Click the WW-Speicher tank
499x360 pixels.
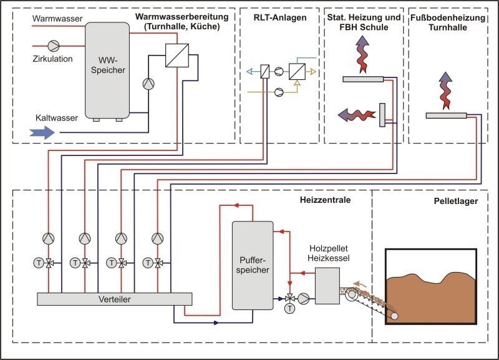pos(107,71)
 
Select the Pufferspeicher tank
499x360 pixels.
pos(253,265)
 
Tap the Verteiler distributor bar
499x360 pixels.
pos(115,299)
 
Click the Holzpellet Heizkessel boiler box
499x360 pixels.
pos(327,286)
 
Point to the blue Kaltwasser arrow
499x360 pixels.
pos(42,132)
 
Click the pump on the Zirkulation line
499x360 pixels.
pos(54,46)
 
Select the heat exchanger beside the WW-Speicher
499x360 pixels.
pos(177,56)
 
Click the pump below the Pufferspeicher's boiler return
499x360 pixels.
pos(304,299)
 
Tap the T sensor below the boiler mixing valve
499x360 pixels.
pos(289,308)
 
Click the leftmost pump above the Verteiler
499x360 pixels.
pos(49,238)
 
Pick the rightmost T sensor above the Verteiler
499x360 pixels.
pos(148,263)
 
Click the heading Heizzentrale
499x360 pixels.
pos(325,200)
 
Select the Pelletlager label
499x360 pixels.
pos(456,201)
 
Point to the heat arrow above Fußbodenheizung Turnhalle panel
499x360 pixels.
pos(445,90)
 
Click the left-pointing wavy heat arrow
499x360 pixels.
pos(356,115)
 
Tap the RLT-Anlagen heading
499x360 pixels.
pos(280,17)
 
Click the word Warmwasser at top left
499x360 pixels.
pos(57,19)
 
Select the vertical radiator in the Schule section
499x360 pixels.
pos(382,115)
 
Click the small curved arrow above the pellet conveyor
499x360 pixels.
pos(361,284)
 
